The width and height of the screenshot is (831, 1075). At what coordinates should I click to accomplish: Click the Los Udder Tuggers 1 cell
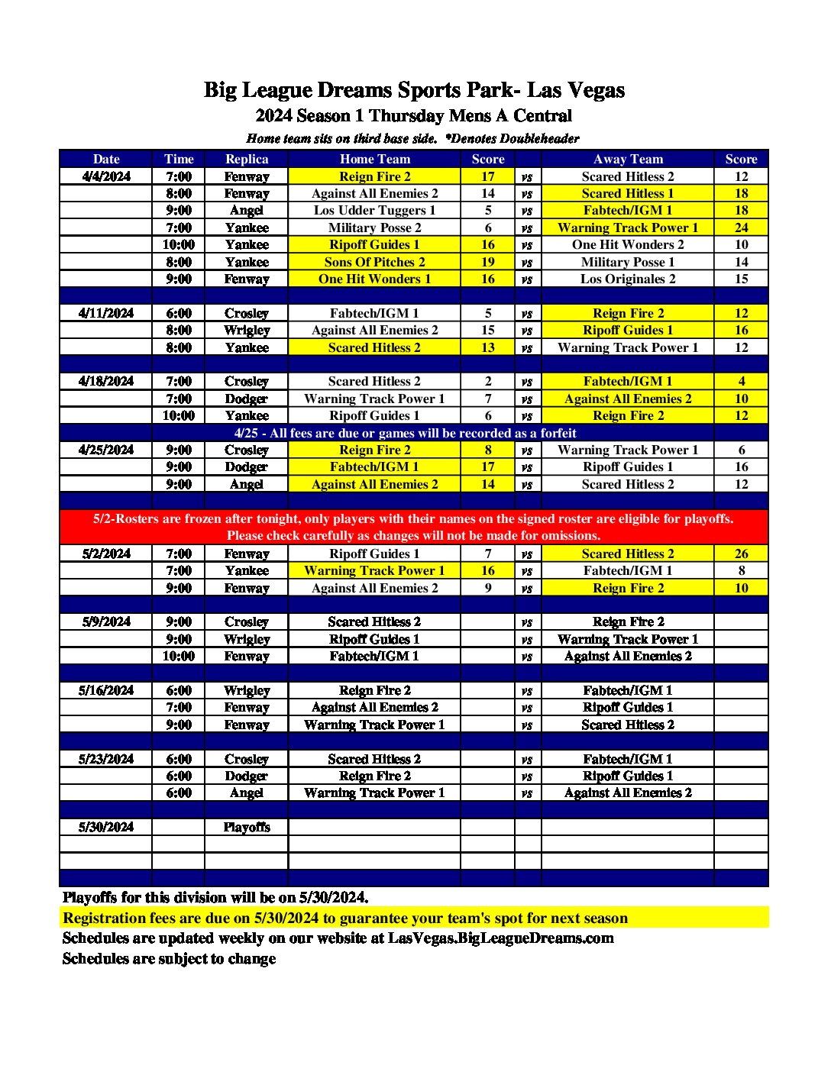[x=374, y=211]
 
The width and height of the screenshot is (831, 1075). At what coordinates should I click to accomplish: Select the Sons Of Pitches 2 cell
[x=374, y=262]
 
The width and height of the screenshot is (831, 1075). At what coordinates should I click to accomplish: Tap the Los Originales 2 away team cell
[x=627, y=279]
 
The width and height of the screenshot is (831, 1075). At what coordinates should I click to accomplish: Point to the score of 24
[x=741, y=228]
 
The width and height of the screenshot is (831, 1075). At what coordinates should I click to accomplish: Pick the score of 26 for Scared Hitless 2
[x=741, y=554]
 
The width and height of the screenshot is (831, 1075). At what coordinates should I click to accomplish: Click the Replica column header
[x=247, y=160]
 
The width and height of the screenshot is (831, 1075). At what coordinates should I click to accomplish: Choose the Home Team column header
[x=374, y=160]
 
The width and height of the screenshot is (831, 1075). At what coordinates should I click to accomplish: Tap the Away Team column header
[x=627, y=160]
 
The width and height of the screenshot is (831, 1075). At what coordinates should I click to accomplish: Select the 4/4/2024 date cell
[x=106, y=176]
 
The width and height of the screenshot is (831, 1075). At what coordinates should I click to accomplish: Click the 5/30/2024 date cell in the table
[x=106, y=827]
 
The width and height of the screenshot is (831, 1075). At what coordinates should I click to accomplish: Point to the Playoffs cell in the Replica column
[x=247, y=827]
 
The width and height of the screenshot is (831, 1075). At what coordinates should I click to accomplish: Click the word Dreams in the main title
[x=353, y=90]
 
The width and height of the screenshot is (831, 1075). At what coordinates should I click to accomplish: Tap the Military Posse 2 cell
[x=374, y=228]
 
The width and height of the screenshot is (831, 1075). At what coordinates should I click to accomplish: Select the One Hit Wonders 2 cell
[x=627, y=245]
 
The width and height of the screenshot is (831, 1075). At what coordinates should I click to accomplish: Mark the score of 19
[x=488, y=262]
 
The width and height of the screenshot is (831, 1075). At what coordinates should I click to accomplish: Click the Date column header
[x=106, y=160]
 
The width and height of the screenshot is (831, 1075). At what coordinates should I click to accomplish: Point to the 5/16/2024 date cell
[x=106, y=690]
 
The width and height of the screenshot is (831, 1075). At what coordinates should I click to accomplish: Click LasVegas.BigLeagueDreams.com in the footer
[x=500, y=938]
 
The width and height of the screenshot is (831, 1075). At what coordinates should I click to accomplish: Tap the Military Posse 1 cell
[x=627, y=262]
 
